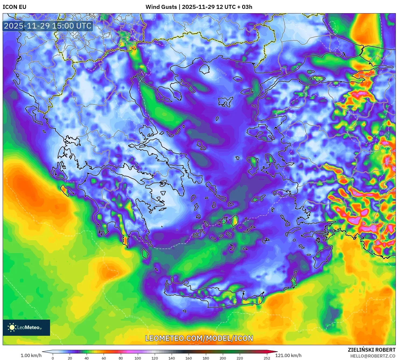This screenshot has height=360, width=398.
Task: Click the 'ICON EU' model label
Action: (x=15, y=7)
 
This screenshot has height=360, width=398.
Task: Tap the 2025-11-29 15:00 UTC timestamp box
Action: (x=48, y=26)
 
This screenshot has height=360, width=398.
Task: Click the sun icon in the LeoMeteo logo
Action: (x=12, y=327)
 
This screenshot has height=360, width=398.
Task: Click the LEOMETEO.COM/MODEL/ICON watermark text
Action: (x=199, y=338)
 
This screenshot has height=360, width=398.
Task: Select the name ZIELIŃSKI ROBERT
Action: (x=372, y=350)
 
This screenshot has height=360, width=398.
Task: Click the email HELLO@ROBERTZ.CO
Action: (x=373, y=356)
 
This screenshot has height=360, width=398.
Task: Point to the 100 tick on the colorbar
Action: (x=138, y=358)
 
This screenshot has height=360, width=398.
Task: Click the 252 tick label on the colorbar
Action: (x=267, y=358)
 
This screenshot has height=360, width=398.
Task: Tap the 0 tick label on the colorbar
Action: (x=53, y=358)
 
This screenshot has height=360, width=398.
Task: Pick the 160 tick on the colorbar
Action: (x=189, y=358)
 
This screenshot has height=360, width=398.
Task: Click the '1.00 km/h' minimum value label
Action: (x=31, y=355)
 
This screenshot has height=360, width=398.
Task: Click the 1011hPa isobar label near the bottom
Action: (x=135, y=317)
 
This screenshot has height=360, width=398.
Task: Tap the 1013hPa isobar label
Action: (x=38, y=314)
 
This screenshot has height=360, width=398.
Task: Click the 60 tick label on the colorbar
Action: (x=104, y=358)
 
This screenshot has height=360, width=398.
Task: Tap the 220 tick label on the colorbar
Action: (x=240, y=358)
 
